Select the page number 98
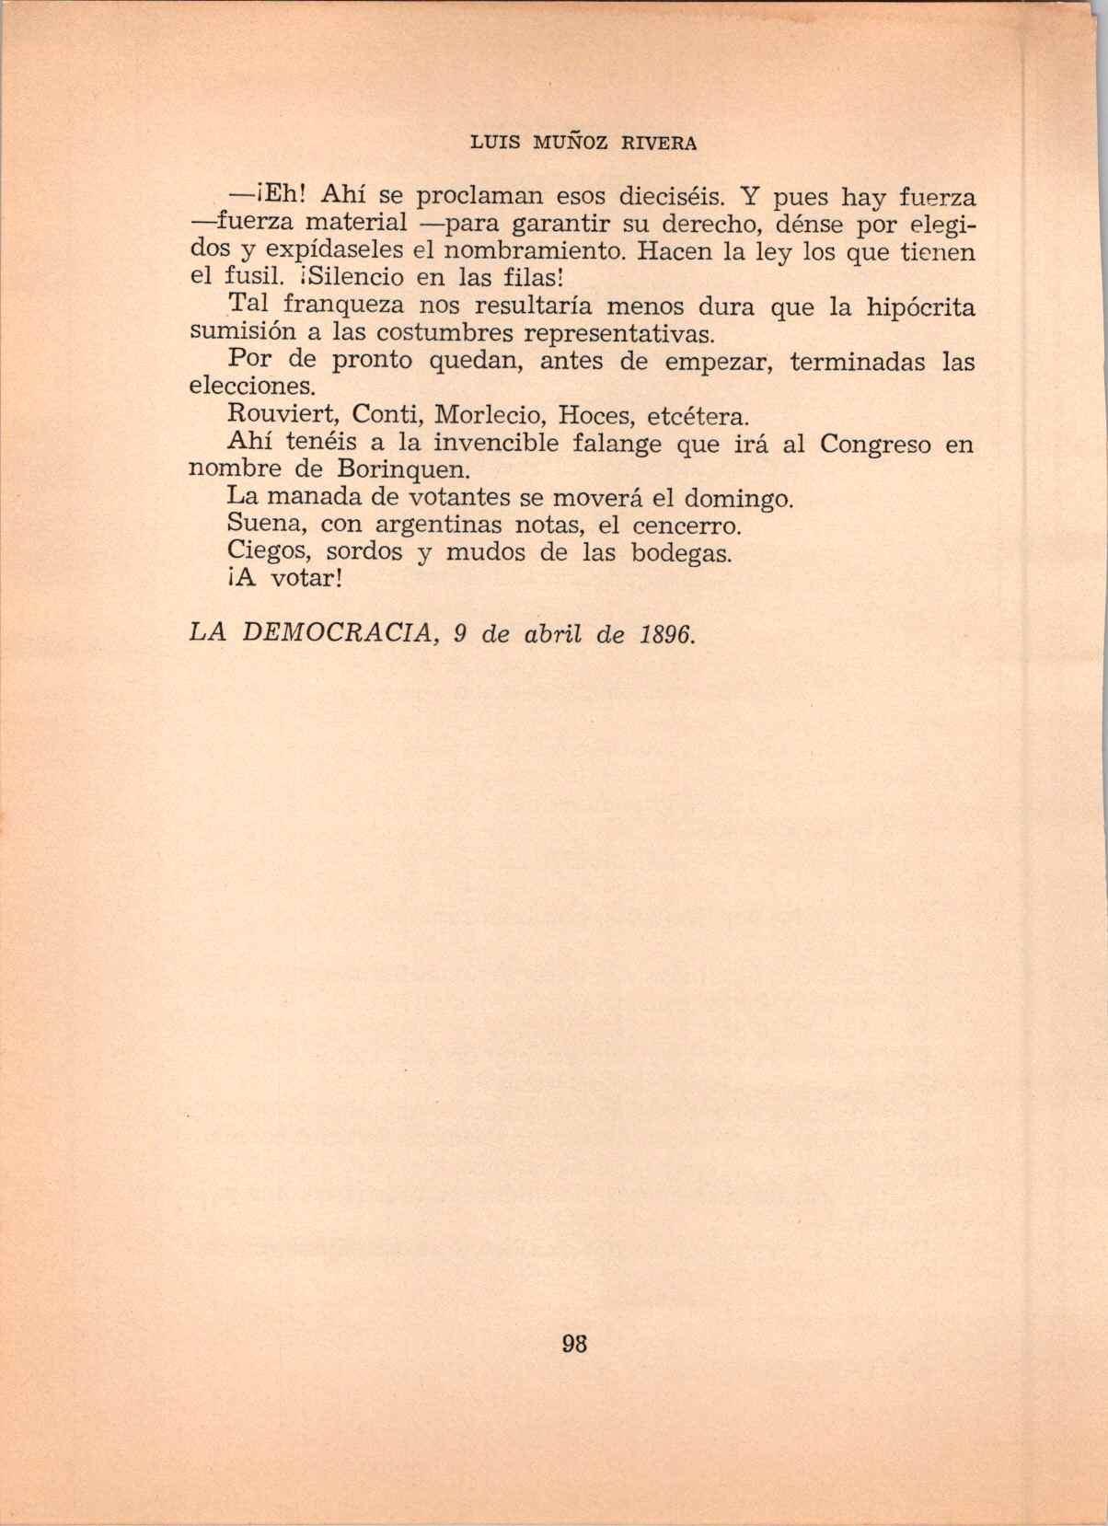coord(573,1343)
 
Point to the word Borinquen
coord(404,470)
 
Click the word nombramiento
coord(533,251)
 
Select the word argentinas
coord(441,526)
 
